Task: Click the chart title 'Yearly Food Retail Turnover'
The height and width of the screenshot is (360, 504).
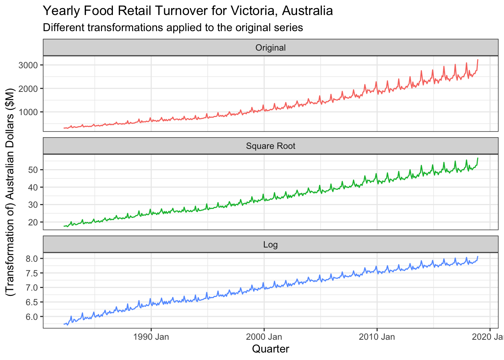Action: [187, 10]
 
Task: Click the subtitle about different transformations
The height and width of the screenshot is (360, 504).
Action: [173, 28]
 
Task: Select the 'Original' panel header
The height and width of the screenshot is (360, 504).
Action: [270, 48]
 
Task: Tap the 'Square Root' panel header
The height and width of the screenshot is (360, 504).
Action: [270, 146]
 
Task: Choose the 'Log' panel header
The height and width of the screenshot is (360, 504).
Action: [270, 245]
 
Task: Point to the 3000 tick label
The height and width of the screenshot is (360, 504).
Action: [28, 65]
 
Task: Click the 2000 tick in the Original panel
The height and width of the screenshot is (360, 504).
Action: [28, 88]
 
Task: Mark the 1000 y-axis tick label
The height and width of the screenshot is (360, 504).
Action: [28, 112]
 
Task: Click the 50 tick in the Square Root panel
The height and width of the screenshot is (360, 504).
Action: [33, 170]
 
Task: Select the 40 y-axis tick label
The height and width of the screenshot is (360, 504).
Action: [33, 187]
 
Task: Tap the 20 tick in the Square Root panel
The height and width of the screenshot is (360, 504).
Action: [33, 222]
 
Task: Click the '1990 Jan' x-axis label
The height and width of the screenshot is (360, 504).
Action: [151, 337]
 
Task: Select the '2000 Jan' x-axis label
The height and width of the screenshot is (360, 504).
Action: [264, 337]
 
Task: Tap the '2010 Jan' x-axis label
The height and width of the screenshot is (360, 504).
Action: [377, 337]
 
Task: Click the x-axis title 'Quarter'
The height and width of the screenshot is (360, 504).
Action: [270, 349]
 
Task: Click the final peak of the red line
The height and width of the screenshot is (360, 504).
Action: [478, 60]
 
